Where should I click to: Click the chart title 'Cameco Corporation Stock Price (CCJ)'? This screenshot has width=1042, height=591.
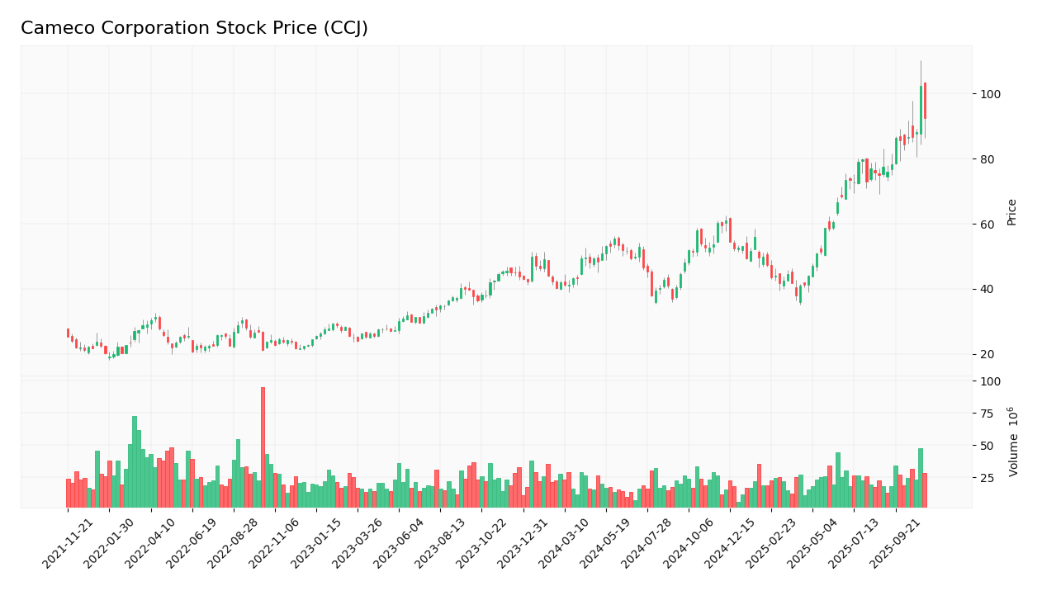pos(194,29)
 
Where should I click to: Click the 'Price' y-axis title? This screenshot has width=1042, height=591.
pos(1011,212)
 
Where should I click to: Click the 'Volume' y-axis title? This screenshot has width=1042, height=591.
pos(1011,442)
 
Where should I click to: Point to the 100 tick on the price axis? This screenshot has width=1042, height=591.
pos(989,94)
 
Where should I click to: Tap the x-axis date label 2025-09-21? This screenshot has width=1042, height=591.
pos(898,544)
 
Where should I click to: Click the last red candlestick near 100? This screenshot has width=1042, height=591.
pos(925,101)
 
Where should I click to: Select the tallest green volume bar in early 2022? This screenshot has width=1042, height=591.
pos(135,461)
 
